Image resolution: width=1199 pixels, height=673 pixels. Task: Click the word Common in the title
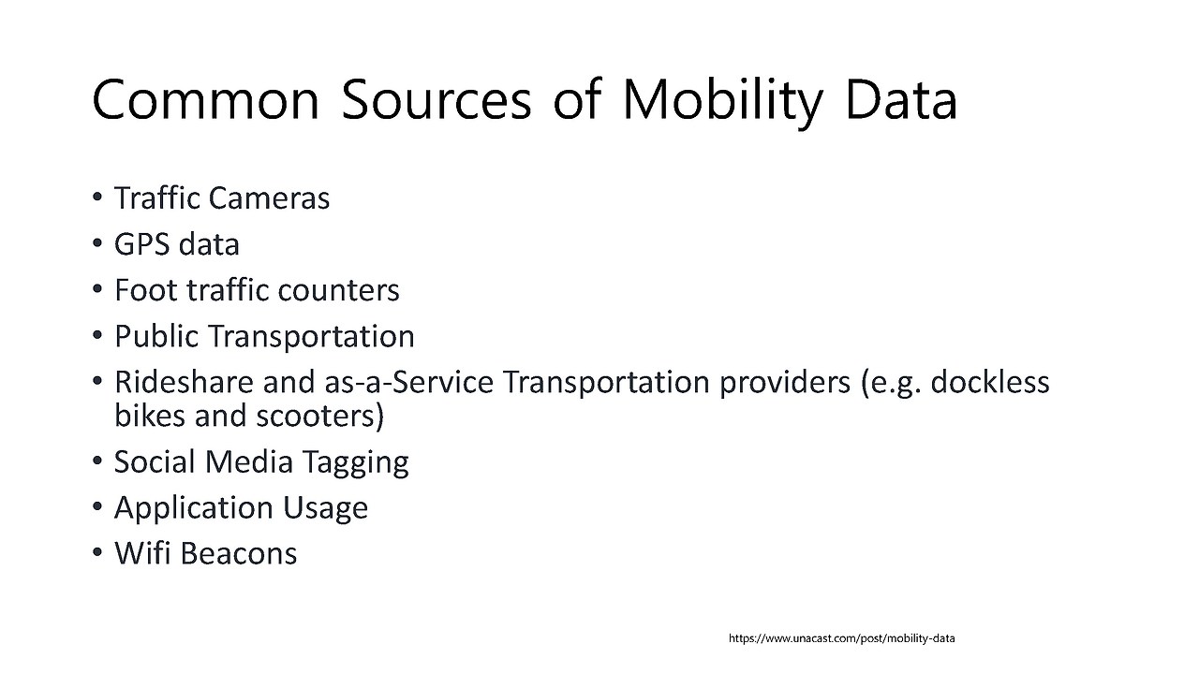[x=205, y=99]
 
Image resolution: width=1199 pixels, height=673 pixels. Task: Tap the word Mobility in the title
[x=722, y=103]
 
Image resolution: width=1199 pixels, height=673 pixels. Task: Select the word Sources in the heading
[x=437, y=99]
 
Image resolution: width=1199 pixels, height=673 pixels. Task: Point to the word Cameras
[x=269, y=198]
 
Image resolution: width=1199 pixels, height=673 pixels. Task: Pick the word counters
[x=338, y=290]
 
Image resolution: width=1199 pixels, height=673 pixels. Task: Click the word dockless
[x=990, y=382]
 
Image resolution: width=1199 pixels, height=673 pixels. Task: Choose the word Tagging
[x=355, y=462]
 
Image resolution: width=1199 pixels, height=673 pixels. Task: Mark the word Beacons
[x=238, y=553]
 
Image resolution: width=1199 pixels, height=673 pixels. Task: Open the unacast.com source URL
[x=841, y=638]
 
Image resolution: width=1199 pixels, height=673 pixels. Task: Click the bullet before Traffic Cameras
[x=96, y=198]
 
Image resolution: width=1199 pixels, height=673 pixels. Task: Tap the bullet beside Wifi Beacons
[x=96, y=552]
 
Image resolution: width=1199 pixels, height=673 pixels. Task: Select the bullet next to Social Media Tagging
[x=96, y=461]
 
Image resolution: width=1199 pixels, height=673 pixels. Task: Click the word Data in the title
[x=901, y=99]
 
